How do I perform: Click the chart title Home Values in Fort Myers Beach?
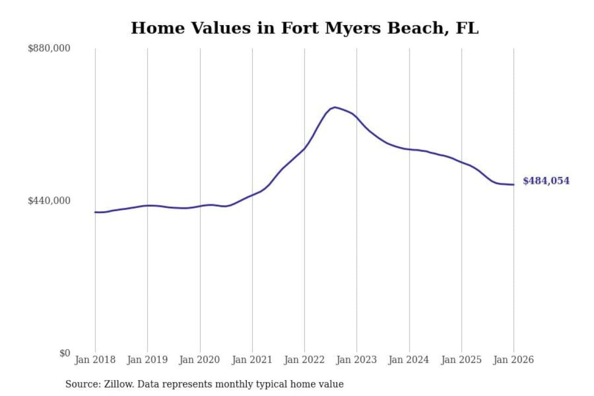point(304,28)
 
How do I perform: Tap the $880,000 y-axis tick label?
point(49,48)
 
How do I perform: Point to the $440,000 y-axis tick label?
point(49,200)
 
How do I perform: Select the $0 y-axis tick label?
point(65,353)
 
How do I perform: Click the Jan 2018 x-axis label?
point(95,360)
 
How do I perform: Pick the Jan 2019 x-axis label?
point(147,360)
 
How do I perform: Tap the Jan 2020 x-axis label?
point(200,360)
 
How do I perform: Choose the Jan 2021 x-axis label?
point(252,360)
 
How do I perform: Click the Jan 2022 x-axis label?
point(304,360)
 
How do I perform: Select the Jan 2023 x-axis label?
point(356,360)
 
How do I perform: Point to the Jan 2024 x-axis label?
point(409,360)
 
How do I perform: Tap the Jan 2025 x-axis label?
point(461,360)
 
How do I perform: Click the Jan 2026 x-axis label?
point(514,360)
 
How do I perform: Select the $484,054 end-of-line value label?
point(546,181)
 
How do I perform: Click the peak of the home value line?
point(335,107)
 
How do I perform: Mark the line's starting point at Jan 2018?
point(95,212)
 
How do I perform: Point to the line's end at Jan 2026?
point(514,184)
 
